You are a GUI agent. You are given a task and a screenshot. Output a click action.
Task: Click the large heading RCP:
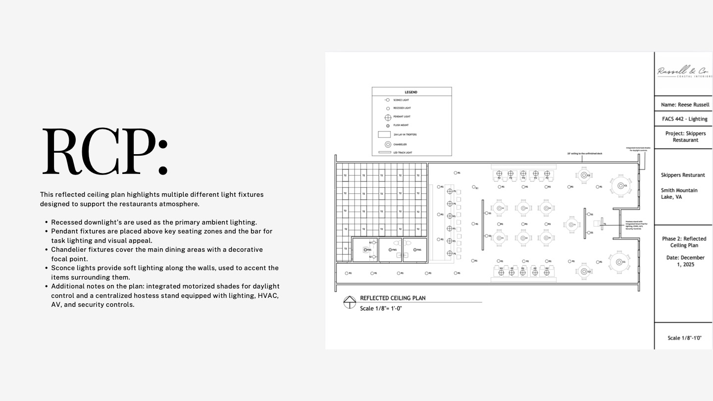pyautogui.click(x=104, y=152)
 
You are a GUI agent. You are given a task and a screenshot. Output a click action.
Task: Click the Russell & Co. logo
pyautogui.click(x=683, y=72)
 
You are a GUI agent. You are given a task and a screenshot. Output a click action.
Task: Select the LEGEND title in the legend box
pyautogui.click(x=411, y=92)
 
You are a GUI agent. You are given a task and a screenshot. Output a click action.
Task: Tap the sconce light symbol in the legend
pyautogui.click(x=387, y=100)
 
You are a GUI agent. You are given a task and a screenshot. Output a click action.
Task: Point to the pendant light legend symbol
pyautogui.click(x=388, y=117)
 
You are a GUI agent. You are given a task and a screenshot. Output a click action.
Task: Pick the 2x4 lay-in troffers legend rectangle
pyautogui.click(x=385, y=134)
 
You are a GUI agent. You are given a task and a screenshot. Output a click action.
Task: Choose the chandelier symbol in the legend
pyautogui.click(x=388, y=144)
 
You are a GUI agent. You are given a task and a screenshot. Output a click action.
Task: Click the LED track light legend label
pyautogui.click(x=403, y=153)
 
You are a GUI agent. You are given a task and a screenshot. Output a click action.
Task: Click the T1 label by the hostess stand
pyautogui.click(x=605, y=224)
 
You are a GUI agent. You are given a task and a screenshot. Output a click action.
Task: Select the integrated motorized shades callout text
pyautogui.click(x=638, y=149)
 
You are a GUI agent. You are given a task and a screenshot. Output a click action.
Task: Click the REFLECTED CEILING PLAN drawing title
pyautogui.click(x=393, y=298)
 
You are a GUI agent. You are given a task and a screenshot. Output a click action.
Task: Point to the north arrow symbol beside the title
pyautogui.click(x=350, y=302)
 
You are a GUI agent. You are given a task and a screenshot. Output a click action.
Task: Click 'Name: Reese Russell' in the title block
pyautogui.click(x=685, y=105)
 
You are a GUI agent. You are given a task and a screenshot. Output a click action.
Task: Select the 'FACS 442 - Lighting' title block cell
pyautogui.click(x=685, y=119)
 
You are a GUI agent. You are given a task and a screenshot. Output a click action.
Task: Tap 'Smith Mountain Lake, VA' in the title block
pyautogui.click(x=679, y=194)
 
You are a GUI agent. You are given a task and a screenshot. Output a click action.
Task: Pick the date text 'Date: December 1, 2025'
pyautogui.click(x=685, y=261)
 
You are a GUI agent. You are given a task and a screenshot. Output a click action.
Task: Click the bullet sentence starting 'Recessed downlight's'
pyautogui.click(x=154, y=222)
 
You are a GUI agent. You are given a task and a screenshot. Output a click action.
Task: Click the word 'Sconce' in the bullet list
pyautogui.click(x=62, y=268)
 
